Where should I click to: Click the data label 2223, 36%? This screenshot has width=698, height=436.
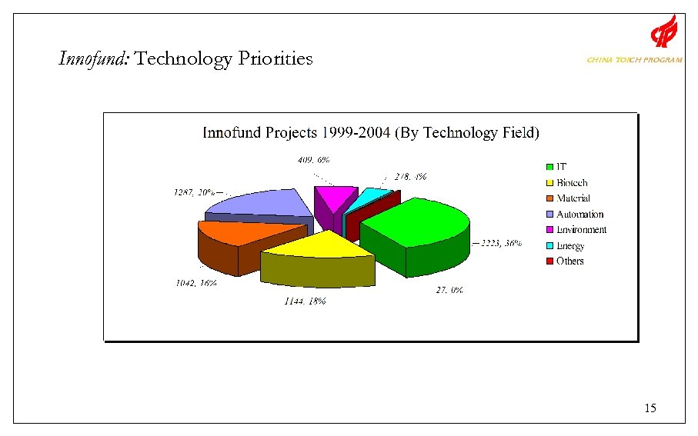(502, 243)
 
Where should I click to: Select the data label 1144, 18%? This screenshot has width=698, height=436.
(305, 301)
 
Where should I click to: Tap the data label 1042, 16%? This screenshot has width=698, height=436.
(195, 282)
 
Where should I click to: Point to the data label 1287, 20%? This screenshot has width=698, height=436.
(194, 192)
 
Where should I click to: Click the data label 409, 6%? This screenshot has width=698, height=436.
(314, 160)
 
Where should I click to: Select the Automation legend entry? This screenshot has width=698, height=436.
(574, 215)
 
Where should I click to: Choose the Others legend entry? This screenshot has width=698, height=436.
(565, 261)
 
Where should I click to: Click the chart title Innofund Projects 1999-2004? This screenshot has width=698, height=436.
(370, 133)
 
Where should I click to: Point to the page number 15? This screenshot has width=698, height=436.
(650, 408)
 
